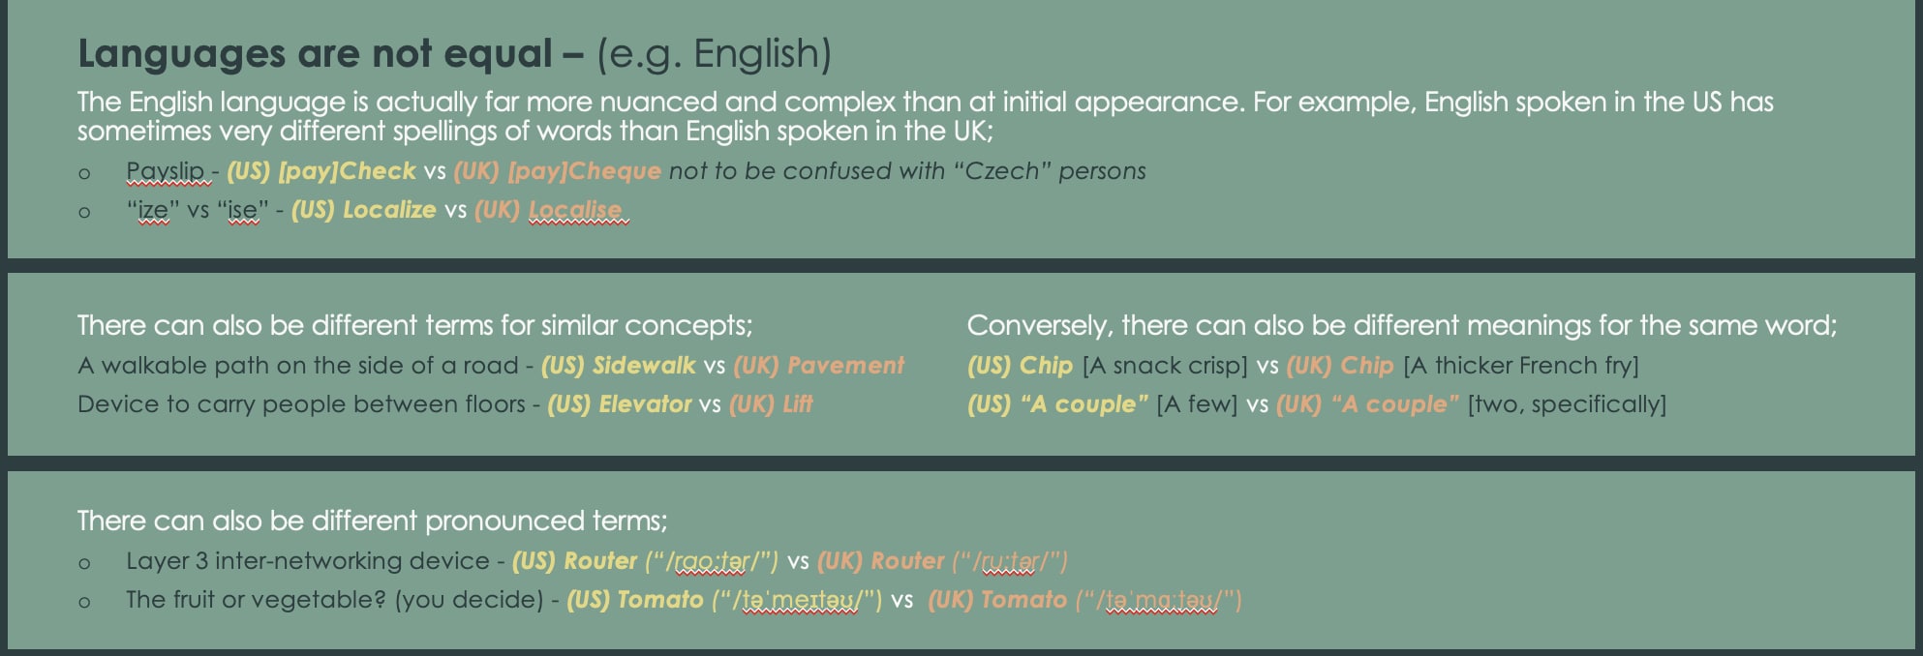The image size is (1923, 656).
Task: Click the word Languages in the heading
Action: pos(181,55)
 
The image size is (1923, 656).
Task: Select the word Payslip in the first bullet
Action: pos(166,171)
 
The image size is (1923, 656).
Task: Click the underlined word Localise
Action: pos(576,210)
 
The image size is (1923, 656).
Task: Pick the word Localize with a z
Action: pos(389,210)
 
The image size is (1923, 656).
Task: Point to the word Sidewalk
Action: pos(644,366)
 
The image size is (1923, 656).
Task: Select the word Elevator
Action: pos(645,404)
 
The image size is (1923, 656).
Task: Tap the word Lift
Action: pos(797,404)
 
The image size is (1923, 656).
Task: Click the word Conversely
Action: pos(1039,326)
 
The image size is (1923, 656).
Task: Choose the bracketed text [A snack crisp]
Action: pos(1165,366)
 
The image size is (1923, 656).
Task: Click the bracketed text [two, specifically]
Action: pos(1567,404)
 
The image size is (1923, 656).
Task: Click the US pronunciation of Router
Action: pos(712,561)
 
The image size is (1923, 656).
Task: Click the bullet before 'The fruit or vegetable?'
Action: pos(85,602)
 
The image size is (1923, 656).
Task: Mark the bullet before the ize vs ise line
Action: pos(85,212)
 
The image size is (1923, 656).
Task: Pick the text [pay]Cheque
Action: pos(584,171)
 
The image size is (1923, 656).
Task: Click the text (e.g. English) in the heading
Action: pos(715,54)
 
